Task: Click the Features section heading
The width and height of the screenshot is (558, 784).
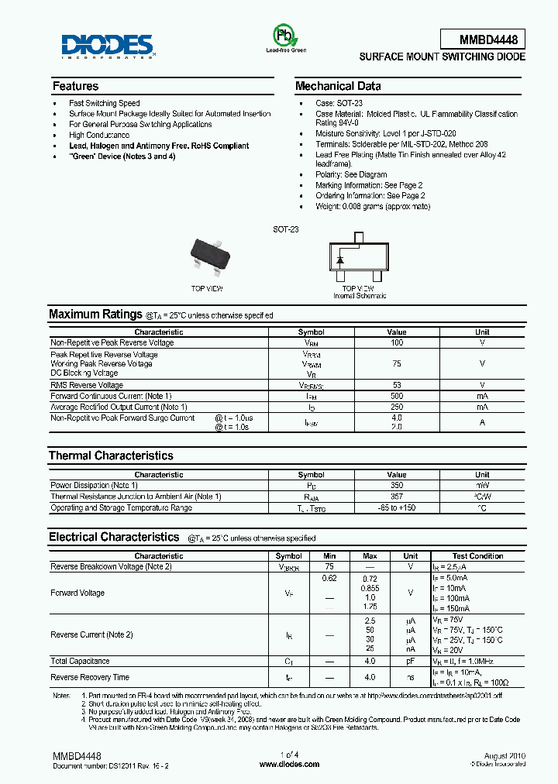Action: tap(75, 86)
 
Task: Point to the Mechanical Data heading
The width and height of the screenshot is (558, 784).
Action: tap(338, 86)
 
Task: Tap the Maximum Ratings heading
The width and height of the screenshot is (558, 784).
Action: tap(95, 315)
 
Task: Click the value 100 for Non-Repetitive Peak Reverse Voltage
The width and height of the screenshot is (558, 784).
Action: tap(396, 342)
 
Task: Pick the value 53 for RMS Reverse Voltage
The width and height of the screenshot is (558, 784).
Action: tap(396, 385)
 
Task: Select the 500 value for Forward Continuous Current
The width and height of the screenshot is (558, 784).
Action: tap(396, 396)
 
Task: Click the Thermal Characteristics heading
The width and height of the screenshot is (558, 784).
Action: tap(111, 456)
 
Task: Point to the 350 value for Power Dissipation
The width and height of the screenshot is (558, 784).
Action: tap(396, 486)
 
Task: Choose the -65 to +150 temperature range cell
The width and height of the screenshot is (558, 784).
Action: tap(396, 508)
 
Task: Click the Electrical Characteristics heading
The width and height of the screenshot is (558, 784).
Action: tap(114, 537)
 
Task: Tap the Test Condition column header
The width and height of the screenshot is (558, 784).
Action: tap(477, 556)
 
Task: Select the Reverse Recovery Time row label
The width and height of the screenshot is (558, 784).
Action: tap(90, 677)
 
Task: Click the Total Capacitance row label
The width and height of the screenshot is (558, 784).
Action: tap(80, 662)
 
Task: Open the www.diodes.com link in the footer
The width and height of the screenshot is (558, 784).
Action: tap(289, 764)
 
